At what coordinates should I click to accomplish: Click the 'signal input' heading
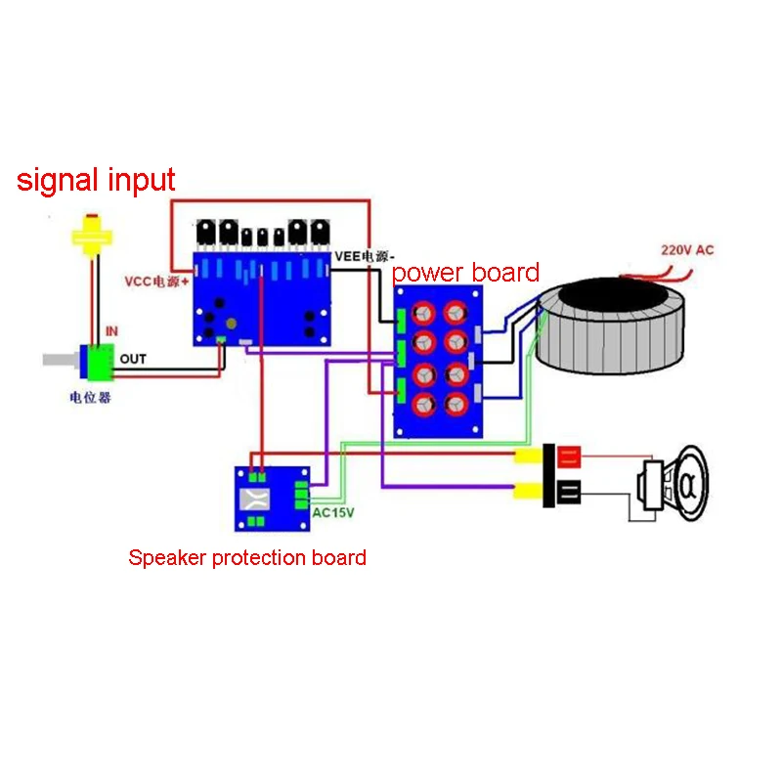point(96,180)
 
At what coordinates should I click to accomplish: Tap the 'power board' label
point(465,272)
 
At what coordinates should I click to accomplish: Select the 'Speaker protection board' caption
point(247,558)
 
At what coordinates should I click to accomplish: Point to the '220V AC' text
point(687,250)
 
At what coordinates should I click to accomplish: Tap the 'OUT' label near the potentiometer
point(133,359)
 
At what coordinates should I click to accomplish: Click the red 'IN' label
point(111,332)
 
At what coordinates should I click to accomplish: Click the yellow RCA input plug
point(91,237)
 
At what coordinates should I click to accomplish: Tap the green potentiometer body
point(99,362)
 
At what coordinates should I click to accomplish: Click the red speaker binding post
point(569,456)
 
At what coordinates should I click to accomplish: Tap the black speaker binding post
point(569,493)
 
